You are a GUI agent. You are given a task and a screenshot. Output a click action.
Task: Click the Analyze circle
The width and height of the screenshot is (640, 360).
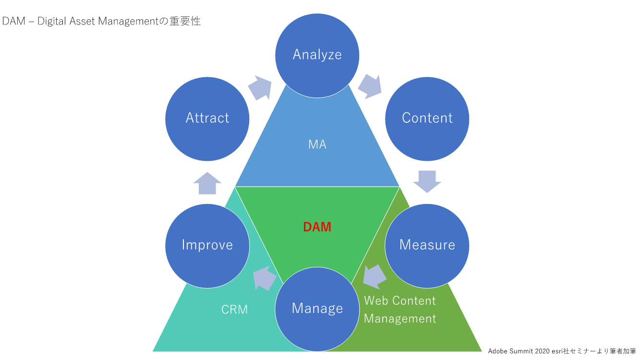click(x=317, y=54)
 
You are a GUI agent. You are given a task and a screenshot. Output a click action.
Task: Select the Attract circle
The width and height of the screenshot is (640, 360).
click(x=207, y=119)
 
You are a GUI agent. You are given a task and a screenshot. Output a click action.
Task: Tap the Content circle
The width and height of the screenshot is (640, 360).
click(x=427, y=119)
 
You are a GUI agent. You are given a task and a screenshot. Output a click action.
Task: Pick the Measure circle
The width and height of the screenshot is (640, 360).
click(x=427, y=245)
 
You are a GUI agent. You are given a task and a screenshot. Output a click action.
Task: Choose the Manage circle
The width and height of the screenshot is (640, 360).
click(x=317, y=309)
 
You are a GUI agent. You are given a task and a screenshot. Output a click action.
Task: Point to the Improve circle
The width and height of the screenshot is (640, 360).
click(x=207, y=245)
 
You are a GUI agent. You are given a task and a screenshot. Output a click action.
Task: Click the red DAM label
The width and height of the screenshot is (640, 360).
click(x=317, y=227)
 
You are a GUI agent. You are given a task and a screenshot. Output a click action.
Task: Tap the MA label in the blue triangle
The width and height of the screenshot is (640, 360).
click(x=317, y=144)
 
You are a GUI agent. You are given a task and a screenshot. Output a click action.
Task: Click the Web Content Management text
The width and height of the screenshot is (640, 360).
click(x=400, y=310)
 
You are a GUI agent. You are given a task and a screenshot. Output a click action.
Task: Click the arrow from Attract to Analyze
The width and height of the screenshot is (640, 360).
click(x=260, y=87)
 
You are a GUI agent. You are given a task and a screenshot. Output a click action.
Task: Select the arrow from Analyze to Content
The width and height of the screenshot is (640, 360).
click(x=370, y=86)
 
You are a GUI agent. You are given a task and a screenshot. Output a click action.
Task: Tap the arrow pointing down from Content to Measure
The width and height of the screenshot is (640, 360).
click(x=427, y=181)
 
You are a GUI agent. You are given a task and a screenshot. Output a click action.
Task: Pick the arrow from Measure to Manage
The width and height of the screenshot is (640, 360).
click(x=374, y=277)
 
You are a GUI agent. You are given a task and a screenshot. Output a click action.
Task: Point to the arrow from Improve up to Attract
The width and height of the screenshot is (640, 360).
click(x=207, y=183)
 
